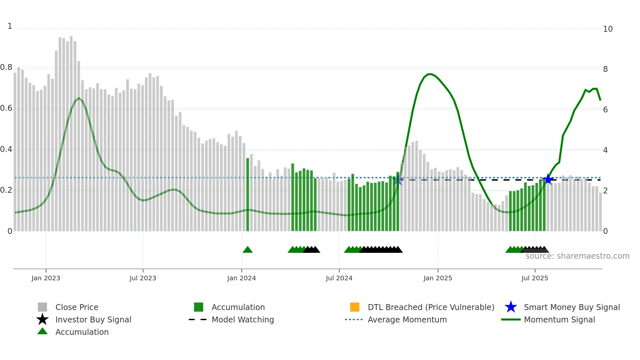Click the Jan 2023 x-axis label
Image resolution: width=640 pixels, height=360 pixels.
tap(46, 278)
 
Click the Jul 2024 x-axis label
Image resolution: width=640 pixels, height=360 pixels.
tap(339, 278)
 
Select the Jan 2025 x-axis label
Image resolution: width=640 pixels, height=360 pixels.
tap(438, 278)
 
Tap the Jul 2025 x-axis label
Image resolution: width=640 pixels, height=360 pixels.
tap(535, 278)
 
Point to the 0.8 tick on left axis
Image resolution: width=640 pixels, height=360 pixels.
tap(6, 68)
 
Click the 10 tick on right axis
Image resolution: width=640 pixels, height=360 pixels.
tap(608, 29)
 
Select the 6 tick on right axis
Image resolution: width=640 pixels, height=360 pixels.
tap(605, 110)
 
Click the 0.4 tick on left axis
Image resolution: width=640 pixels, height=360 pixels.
tap(6, 150)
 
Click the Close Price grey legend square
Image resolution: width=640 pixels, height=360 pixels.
tap(42, 307)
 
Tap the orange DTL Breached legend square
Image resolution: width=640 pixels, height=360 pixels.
tap(355, 307)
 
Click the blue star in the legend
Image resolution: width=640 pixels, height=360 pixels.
tap(511, 307)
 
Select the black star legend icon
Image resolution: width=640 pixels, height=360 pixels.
tap(42, 319)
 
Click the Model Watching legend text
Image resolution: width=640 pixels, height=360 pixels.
tap(243, 320)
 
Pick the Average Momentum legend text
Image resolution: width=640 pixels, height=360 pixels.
tap(407, 320)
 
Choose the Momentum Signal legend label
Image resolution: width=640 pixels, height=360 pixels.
tap(559, 320)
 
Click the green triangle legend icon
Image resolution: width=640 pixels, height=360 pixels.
tap(42, 332)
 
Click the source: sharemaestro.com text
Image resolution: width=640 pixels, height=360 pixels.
tap(577, 256)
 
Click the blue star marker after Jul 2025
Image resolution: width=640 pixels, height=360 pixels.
tap(548, 179)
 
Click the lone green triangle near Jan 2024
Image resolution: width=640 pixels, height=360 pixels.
tap(248, 250)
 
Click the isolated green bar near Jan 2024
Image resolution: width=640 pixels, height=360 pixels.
tap(248, 195)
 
